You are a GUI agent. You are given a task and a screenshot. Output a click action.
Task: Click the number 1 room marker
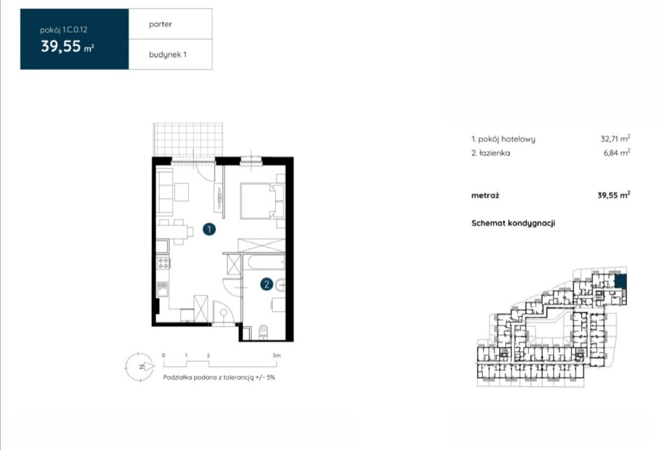point(209,229)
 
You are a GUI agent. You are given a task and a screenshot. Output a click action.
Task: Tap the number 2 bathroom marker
point(267,284)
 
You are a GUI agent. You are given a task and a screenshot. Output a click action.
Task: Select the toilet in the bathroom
point(263,332)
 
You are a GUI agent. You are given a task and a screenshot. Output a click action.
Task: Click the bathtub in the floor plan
point(264,263)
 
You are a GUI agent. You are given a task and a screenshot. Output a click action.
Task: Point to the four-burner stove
point(163,263)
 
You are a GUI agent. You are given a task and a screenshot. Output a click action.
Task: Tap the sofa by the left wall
point(165,191)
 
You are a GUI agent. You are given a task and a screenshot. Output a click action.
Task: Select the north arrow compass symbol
point(139,366)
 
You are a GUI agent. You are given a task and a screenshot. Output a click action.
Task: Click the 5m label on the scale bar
point(276,355)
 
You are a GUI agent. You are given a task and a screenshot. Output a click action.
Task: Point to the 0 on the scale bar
point(164,355)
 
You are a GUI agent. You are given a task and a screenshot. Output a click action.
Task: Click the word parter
point(161,25)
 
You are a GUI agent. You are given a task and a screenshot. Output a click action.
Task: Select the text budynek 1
point(167,55)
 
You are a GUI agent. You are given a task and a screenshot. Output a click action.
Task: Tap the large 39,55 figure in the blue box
point(61,46)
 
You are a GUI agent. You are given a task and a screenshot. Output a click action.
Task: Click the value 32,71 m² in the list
point(615,139)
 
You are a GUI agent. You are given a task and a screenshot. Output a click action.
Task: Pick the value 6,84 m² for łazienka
point(617,152)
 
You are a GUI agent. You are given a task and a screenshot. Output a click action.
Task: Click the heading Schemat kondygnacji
point(513,224)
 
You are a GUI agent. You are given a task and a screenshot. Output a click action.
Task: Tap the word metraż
point(485,195)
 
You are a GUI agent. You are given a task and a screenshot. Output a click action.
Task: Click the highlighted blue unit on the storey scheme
point(621,281)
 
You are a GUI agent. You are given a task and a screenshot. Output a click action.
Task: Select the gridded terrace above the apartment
point(188,140)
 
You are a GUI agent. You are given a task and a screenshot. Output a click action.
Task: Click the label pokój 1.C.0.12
point(64,30)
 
